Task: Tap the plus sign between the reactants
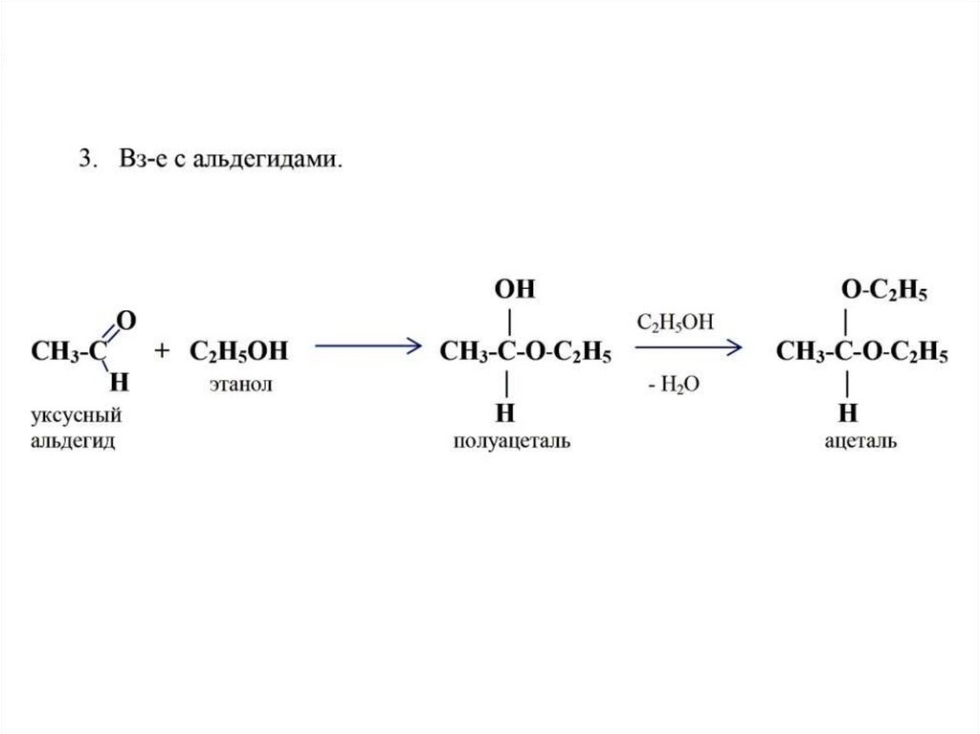(163, 351)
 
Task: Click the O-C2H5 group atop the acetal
(883, 290)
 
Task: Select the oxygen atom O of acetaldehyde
(124, 319)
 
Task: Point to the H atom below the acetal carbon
(848, 412)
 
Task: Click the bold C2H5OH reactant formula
(238, 352)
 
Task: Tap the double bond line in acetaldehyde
(110, 335)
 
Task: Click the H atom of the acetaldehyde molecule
(120, 383)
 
